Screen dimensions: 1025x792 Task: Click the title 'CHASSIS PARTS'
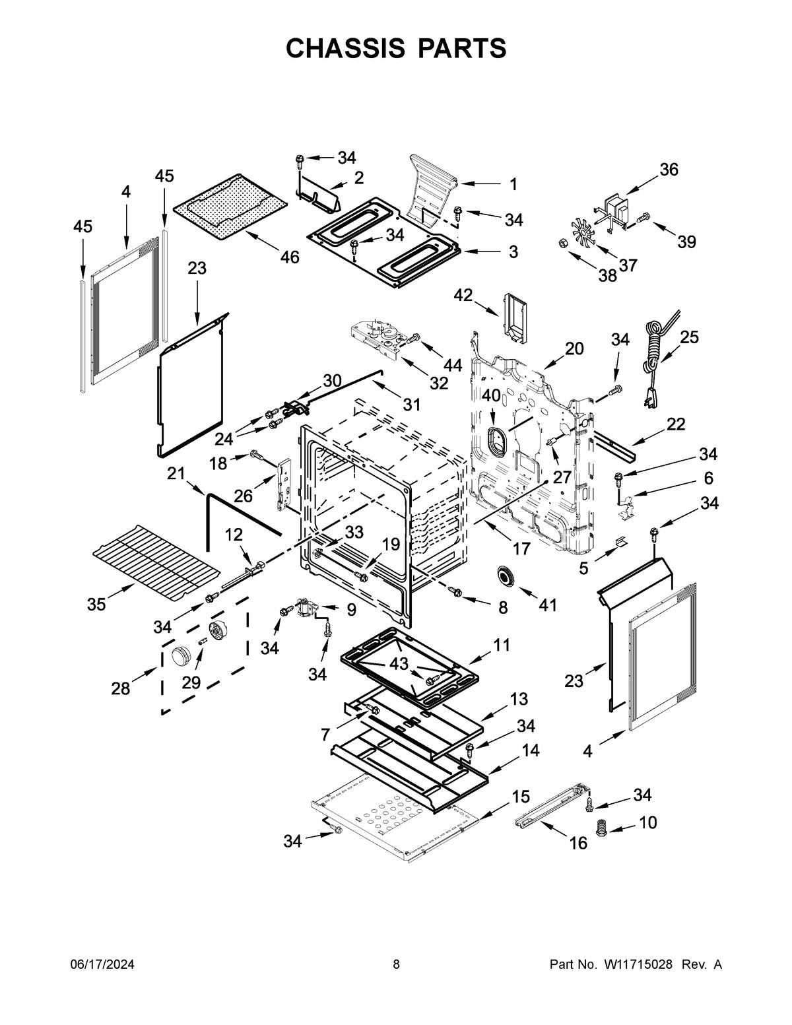coord(396,48)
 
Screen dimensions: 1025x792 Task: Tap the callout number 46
coord(289,257)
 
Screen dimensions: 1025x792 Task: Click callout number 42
coord(463,295)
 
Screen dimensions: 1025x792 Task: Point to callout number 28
coord(121,689)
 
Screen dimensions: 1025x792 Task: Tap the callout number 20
coord(574,348)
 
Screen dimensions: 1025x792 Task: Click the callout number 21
coord(176,473)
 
